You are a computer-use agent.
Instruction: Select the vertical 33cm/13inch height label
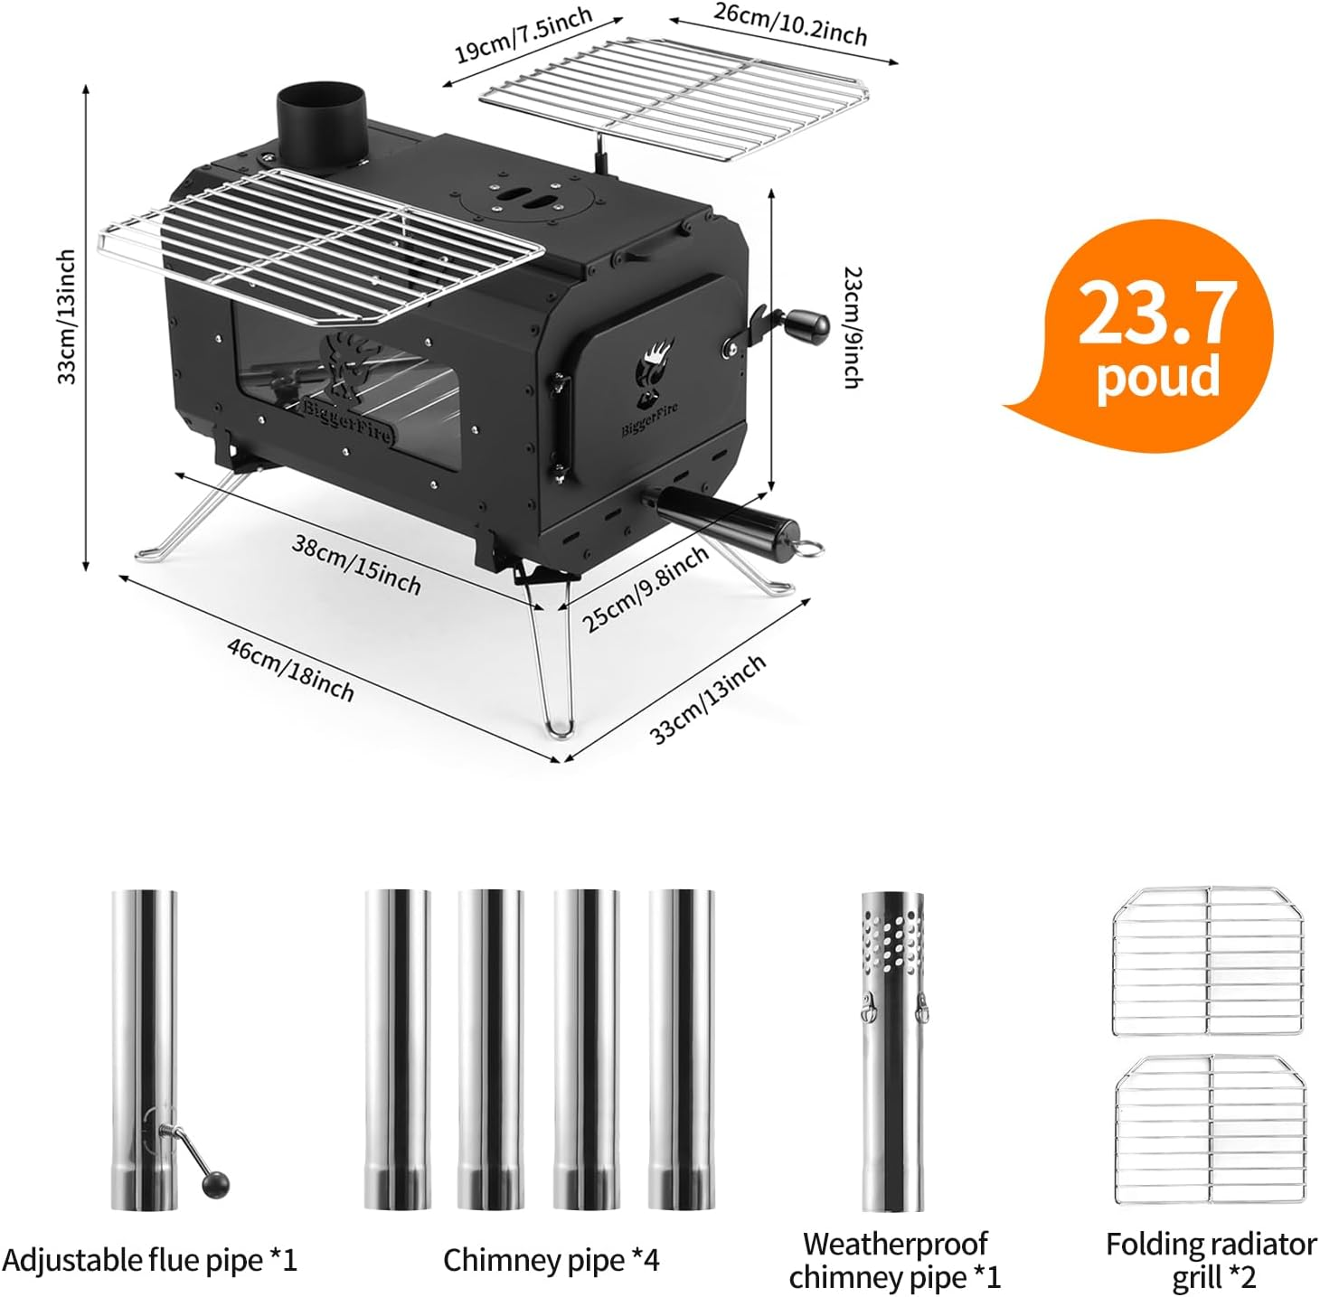click(67, 316)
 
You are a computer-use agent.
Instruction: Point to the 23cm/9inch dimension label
click(851, 326)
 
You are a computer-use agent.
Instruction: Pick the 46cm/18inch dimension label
click(290, 669)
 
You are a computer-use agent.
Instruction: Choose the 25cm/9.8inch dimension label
click(644, 589)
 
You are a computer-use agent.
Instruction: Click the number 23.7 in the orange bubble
click(1156, 313)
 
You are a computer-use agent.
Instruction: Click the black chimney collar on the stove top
click(320, 125)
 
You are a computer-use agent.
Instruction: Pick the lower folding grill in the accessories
click(1210, 1130)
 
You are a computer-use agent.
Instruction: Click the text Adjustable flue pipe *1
click(149, 1260)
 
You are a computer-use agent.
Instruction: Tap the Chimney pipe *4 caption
click(551, 1260)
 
